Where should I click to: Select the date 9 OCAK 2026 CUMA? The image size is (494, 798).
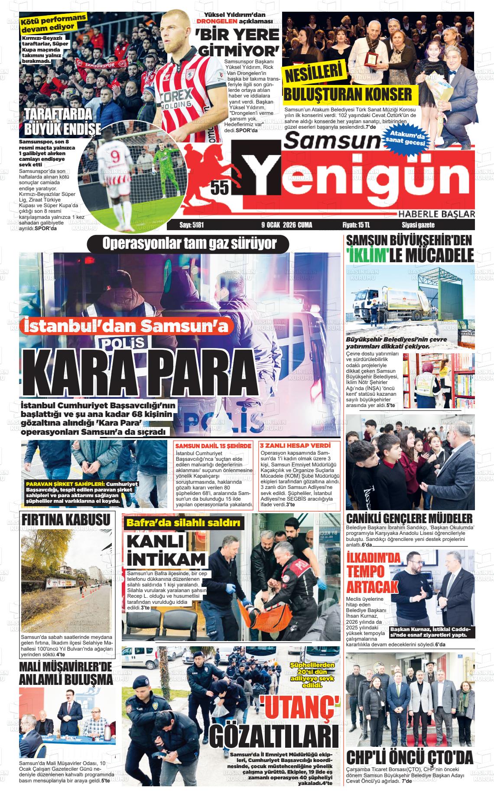pos(286,225)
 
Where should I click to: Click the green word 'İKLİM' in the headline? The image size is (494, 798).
pos(367,256)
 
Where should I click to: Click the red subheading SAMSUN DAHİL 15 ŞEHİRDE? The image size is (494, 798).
pos(213,446)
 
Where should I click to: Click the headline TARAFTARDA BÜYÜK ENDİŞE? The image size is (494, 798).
pos(62,122)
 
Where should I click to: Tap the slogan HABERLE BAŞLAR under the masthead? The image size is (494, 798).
pos(436,214)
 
